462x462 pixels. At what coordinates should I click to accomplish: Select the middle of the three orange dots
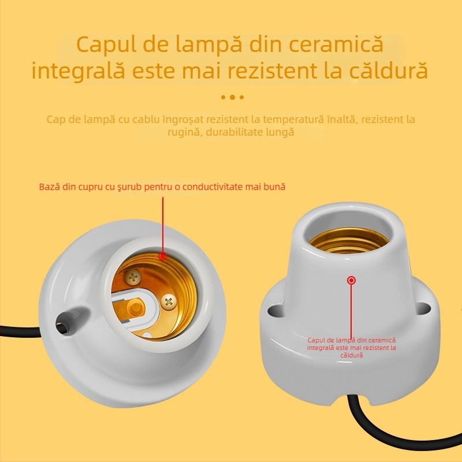(x=232, y=97)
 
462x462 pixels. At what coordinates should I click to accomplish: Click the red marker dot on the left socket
(x=163, y=255)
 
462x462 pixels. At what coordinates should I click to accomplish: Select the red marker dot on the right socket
(x=351, y=281)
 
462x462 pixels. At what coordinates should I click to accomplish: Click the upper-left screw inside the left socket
(x=134, y=277)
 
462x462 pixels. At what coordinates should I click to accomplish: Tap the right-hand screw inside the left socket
(x=169, y=300)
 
